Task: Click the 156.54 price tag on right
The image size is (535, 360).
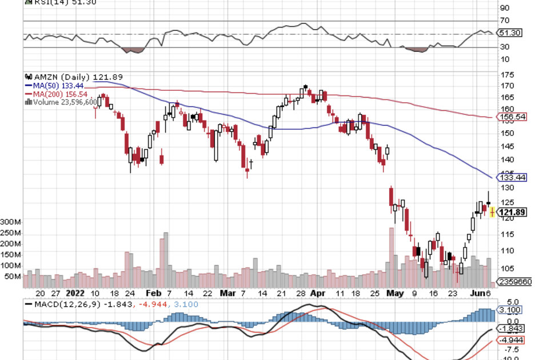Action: (x=513, y=117)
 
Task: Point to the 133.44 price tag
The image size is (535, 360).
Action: (x=513, y=178)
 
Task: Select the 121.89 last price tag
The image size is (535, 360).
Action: (x=513, y=213)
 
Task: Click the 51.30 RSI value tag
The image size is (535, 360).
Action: (x=510, y=33)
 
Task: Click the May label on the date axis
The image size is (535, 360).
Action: (x=394, y=293)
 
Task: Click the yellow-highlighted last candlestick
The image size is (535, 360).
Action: (x=492, y=213)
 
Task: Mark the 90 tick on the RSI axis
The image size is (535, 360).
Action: (x=505, y=8)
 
